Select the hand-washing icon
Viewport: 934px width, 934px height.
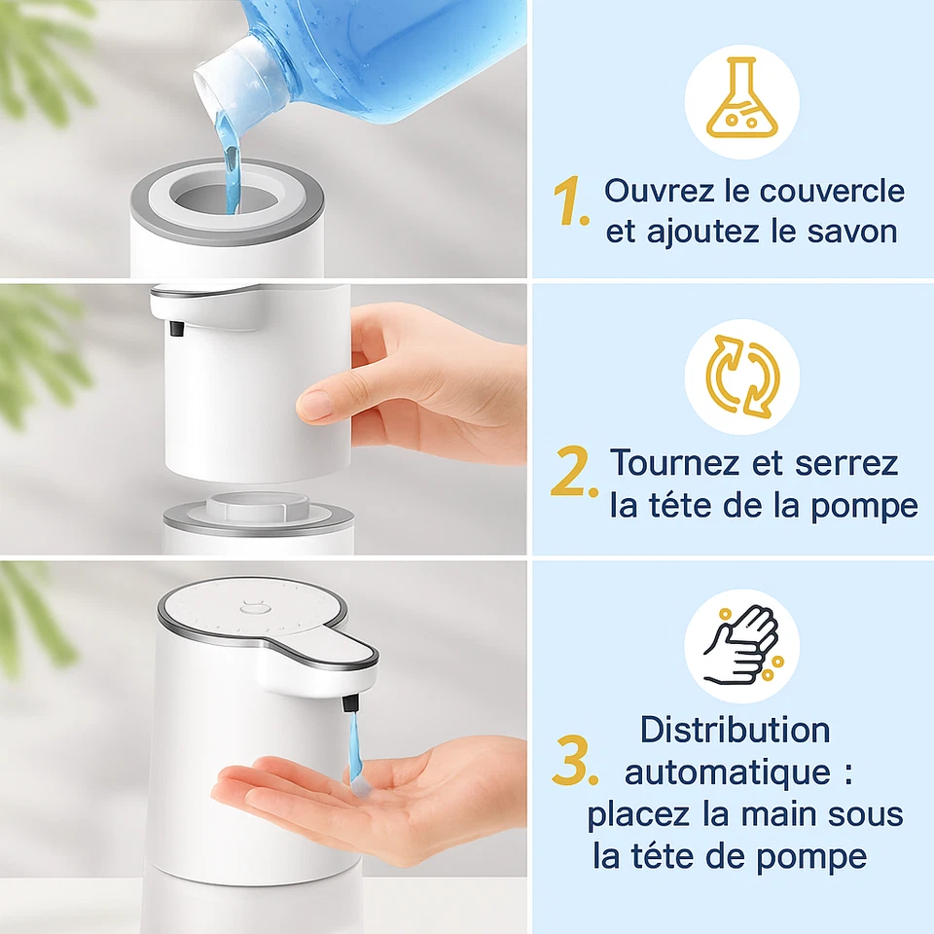pyautogui.click(x=741, y=647)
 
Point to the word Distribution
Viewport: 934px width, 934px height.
pyautogui.click(x=736, y=730)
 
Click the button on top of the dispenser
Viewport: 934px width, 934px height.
pyautogui.click(x=252, y=611)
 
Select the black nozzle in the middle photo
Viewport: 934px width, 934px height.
pyautogui.click(x=177, y=329)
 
